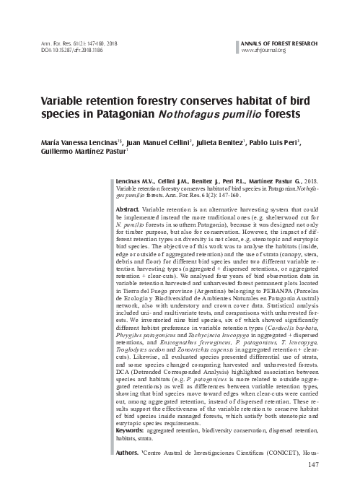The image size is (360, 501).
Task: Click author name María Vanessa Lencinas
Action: [x=71, y=144]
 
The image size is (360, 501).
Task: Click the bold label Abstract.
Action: [x=128, y=209]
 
